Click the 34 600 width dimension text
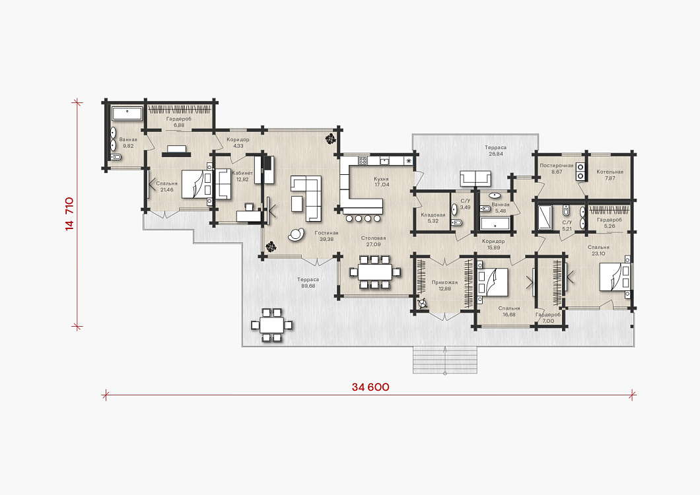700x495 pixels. tap(370, 387)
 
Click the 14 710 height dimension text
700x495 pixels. tap(69, 214)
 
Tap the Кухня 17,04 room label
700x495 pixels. tap(381, 181)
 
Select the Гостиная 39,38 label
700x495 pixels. tap(326, 236)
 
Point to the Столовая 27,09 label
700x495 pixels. tap(373, 241)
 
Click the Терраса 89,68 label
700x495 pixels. tap(308, 282)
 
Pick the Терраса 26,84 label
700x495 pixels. tap(495, 150)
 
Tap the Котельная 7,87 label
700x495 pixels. tap(610, 175)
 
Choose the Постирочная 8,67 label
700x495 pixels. tap(557, 168)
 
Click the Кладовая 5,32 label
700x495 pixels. tap(433, 218)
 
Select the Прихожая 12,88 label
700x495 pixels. tap(444, 285)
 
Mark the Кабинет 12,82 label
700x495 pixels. tap(242, 176)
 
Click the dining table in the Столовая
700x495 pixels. tap(375, 272)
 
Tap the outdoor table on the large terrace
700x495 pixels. tap(272, 325)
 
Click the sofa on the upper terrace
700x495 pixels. tap(476, 178)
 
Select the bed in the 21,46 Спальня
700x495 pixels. tap(196, 184)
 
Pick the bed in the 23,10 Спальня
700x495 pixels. tap(615, 277)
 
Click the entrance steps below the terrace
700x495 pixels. tap(444, 360)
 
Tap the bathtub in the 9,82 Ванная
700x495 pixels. tap(127, 114)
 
